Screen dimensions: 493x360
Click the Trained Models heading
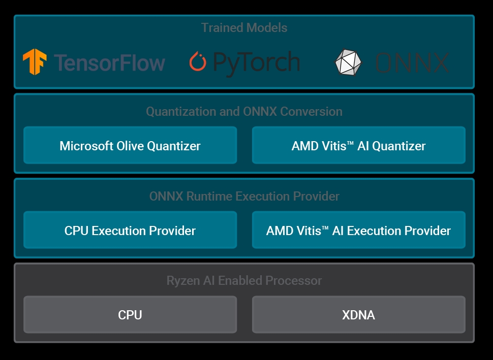[244, 27]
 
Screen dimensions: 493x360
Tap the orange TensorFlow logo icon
[35, 62]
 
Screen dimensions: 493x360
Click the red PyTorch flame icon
[198, 61]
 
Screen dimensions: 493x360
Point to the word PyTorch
[257, 63]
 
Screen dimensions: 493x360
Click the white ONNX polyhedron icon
[348, 62]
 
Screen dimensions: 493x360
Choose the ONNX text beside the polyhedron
[412, 63]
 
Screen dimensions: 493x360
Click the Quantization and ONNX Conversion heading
[244, 112]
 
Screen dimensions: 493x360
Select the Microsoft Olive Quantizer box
[130, 145]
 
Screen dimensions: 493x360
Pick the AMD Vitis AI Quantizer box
[359, 145]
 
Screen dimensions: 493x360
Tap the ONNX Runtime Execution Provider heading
[244, 196]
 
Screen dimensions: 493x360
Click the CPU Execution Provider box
[130, 230]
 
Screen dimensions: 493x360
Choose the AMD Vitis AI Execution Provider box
[359, 230]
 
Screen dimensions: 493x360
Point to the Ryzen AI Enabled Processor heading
[244, 280]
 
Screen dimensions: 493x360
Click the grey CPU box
[130, 314]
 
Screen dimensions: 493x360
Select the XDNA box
[359, 314]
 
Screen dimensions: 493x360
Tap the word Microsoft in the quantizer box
[86, 146]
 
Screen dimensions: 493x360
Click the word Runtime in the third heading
[209, 196]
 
